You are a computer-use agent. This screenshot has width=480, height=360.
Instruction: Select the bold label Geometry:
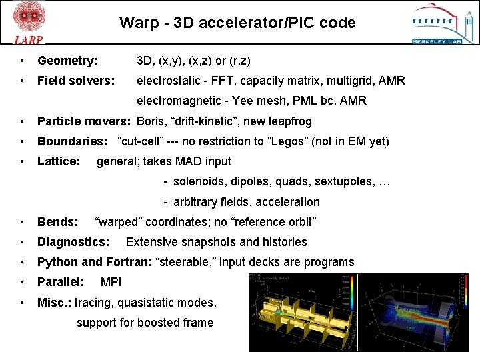pos(67,61)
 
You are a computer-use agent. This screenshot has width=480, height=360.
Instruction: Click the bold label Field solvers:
pos(76,81)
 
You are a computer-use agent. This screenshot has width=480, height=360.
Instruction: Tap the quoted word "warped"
pos(118,222)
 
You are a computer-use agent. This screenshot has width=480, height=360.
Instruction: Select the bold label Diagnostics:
pos(73,242)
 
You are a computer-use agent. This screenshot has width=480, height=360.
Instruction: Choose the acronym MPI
pos(111,282)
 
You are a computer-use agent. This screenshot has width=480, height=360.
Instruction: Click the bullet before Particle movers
pos(23,122)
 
